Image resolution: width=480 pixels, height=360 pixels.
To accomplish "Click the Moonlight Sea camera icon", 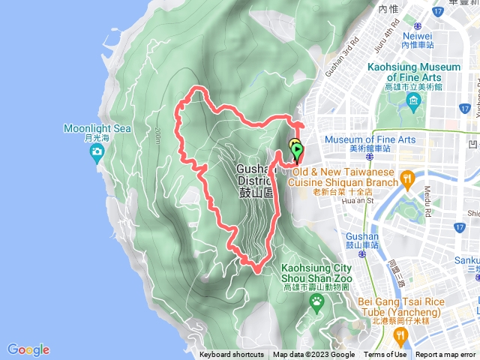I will pos(97,154).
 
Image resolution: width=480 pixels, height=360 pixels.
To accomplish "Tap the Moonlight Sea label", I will pos(97,128).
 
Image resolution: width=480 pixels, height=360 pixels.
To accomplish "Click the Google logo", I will pos(28,349).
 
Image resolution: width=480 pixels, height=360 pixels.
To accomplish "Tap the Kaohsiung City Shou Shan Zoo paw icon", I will pos(317,301).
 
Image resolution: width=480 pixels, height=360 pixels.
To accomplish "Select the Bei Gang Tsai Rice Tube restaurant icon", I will pos(400,334).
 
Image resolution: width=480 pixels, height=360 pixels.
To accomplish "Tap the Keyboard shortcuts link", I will pos(231,355).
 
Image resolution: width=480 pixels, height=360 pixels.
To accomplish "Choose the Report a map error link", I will pos(445,355).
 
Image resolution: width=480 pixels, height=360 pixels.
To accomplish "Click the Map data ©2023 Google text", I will pos(313,355).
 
